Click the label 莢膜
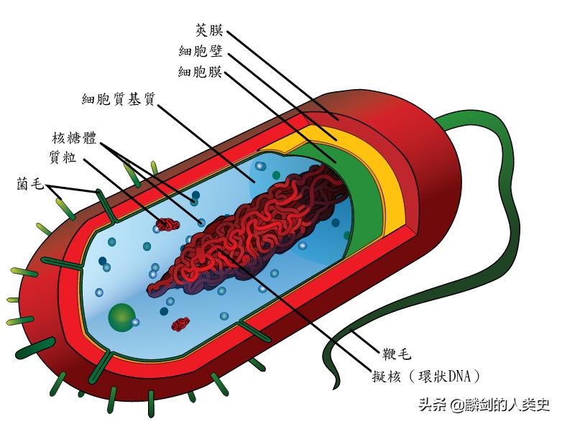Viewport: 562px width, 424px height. point(209,30)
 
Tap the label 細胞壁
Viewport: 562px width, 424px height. point(201,51)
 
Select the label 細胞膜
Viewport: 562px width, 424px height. point(201,72)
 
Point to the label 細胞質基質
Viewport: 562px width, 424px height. point(119,99)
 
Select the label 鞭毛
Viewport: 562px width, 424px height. point(389,355)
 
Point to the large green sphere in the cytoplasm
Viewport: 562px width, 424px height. point(121,315)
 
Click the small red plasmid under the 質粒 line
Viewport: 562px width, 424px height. point(168,225)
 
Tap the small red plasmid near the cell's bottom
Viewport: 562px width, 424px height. point(180,325)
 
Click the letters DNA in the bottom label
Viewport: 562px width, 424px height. point(459,375)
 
